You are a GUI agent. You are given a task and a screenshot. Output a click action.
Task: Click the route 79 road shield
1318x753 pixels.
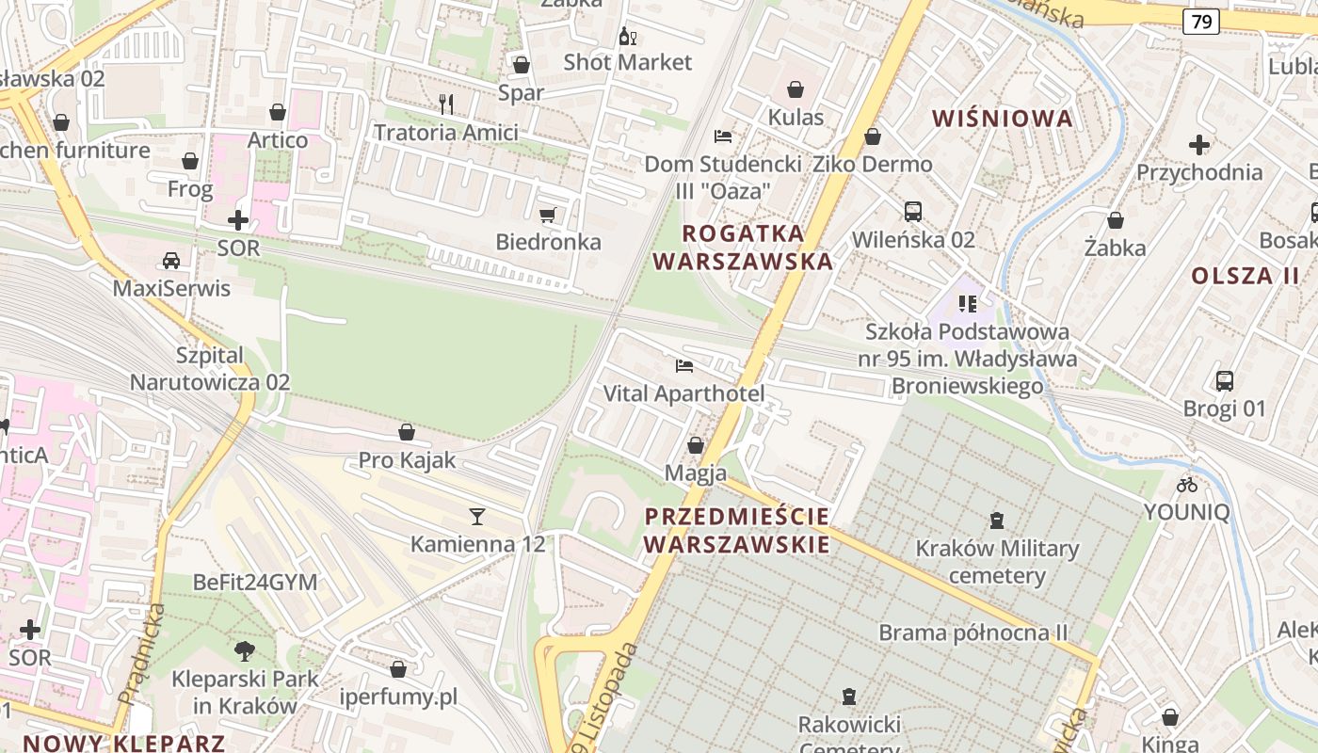(x=1201, y=21)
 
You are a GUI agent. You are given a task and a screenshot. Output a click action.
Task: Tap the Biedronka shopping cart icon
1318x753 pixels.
(x=547, y=215)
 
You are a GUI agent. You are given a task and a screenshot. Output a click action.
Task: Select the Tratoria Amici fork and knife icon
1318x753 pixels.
(x=446, y=104)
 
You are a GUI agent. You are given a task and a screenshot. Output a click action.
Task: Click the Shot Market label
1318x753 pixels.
(x=627, y=62)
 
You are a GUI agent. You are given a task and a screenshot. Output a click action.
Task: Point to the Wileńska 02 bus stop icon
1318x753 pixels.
(x=912, y=212)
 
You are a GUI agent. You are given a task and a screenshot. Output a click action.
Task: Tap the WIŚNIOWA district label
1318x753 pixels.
(x=1003, y=118)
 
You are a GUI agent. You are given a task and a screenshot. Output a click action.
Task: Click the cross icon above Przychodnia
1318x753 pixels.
(x=1198, y=145)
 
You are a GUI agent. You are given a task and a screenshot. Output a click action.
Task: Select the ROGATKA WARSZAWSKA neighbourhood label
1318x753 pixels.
(x=744, y=247)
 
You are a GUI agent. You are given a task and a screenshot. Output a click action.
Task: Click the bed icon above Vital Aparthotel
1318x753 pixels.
(x=684, y=365)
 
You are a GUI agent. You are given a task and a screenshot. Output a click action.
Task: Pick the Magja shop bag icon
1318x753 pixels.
(x=696, y=445)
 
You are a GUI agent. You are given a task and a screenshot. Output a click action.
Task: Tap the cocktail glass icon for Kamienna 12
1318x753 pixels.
(x=477, y=516)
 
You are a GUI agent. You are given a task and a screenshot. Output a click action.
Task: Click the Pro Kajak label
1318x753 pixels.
(x=407, y=460)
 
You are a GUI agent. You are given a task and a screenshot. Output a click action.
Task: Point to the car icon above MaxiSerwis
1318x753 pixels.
(x=171, y=261)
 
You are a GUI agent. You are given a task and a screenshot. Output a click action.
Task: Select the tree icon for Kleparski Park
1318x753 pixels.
(x=245, y=650)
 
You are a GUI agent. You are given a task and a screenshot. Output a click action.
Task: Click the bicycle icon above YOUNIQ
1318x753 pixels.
(x=1187, y=485)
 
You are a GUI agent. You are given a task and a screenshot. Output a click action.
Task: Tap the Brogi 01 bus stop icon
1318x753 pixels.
(x=1224, y=381)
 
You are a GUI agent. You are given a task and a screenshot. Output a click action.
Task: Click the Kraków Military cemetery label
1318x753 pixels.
(x=997, y=562)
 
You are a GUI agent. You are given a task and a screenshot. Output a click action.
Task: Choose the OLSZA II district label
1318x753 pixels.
(x=1245, y=276)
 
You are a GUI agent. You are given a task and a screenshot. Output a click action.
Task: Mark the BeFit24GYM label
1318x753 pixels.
(x=255, y=582)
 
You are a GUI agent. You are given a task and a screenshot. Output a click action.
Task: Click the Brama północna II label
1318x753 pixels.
(x=973, y=632)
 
